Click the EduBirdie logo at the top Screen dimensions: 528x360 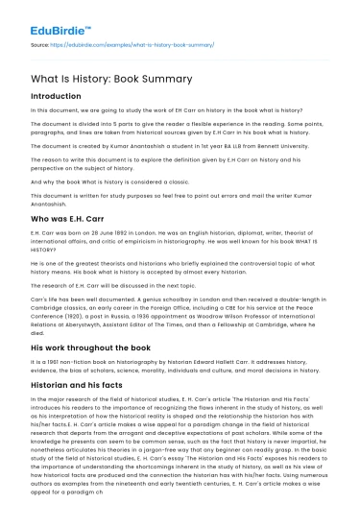pyautogui.click(x=59, y=17)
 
